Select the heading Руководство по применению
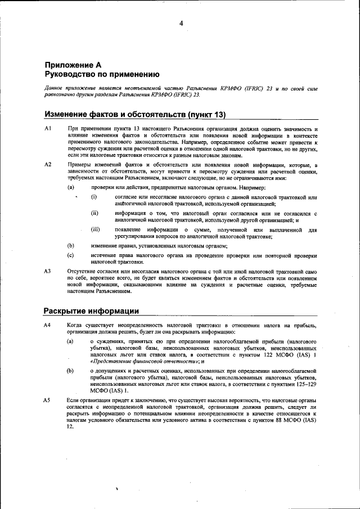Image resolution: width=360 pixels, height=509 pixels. (x=102, y=74)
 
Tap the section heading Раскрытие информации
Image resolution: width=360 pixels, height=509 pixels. (x=91, y=311)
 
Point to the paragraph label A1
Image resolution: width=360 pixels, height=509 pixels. (x=48, y=129)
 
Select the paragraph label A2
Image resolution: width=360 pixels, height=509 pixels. (x=48, y=164)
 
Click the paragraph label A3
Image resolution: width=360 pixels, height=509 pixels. (x=48, y=271)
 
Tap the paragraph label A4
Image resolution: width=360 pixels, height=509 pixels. (x=48, y=326)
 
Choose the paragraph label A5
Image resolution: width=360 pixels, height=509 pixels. (x=48, y=399)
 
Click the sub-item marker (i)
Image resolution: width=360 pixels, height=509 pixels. (x=94, y=197)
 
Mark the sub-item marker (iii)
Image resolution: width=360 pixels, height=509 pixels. (x=96, y=229)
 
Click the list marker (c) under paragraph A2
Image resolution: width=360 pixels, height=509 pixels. (x=70, y=255)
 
